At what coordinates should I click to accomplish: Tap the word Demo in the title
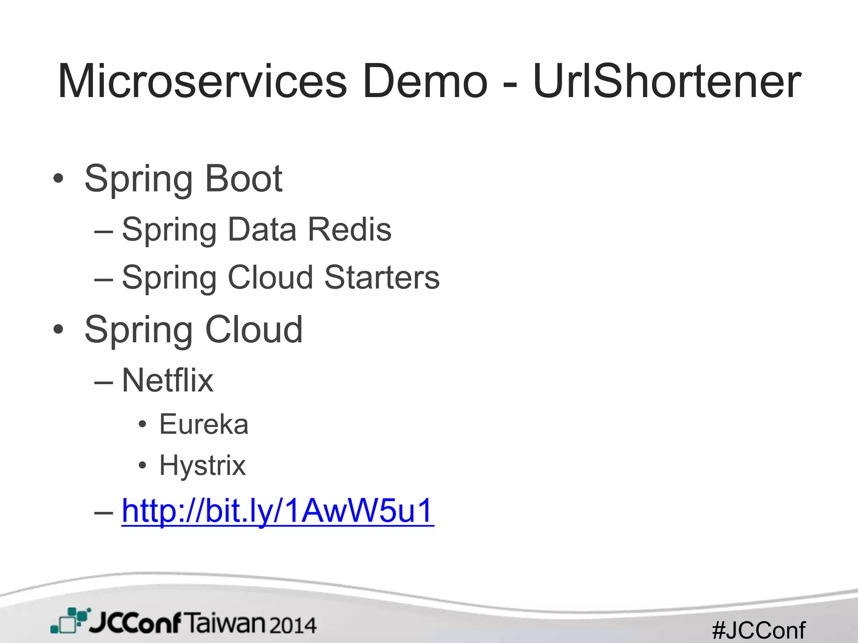[x=425, y=81]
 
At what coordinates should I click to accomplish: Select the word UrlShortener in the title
[x=667, y=81]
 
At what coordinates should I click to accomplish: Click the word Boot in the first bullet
[x=244, y=179]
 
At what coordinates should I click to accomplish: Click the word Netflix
[x=168, y=380]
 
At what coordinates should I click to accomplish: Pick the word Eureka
[x=204, y=424]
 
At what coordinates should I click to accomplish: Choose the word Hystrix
[x=202, y=466]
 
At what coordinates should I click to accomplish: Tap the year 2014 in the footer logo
[x=292, y=625]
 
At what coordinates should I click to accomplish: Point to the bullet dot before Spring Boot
[x=58, y=179]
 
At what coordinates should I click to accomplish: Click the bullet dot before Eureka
[x=142, y=424]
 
